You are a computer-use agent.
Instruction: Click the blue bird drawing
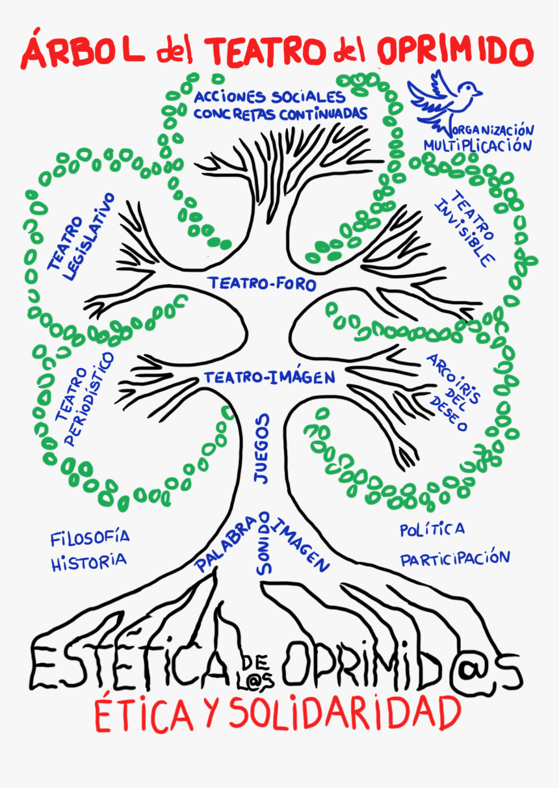coord(443,98)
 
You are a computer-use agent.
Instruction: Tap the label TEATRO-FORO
coord(262,284)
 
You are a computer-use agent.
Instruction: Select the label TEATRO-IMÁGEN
coord(269,377)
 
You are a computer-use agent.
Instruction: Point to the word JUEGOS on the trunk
coord(261,449)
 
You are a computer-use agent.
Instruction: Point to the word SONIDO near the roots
coord(263,543)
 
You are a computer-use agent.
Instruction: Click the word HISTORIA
coord(88,561)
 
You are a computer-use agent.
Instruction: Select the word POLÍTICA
coord(432,529)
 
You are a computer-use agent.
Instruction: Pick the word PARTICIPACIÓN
coord(454,558)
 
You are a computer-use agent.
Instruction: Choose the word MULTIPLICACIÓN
coord(478,145)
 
